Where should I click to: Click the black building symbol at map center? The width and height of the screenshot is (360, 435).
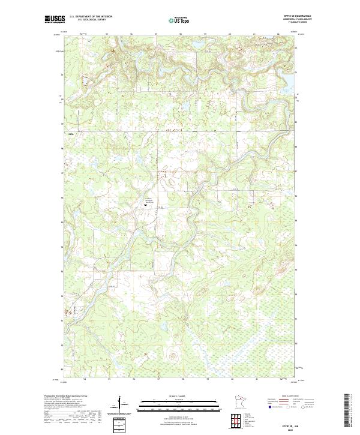point(146,205)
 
